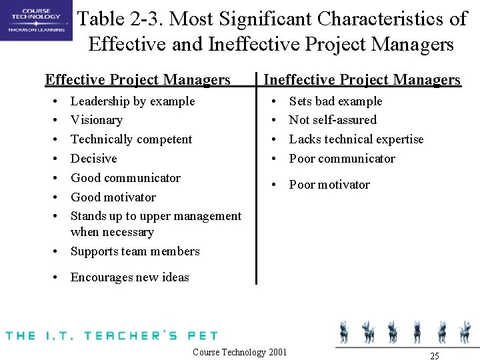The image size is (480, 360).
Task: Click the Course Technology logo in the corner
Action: coord(35,21)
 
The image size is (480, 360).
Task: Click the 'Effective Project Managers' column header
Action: coord(137,80)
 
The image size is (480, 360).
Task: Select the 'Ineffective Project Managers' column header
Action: coord(362,80)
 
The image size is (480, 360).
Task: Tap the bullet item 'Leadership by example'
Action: coord(133,101)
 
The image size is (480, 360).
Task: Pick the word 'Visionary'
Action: coord(97,120)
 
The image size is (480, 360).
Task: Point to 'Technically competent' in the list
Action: coord(131,139)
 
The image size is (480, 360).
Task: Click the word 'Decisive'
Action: coord(93,159)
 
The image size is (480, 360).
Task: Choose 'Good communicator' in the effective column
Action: coord(125,178)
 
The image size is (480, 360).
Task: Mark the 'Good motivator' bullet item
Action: coord(113,197)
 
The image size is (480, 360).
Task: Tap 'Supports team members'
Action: coord(135,251)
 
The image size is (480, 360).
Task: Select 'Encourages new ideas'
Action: coord(130,277)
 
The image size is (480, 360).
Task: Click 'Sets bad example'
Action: coord(335,101)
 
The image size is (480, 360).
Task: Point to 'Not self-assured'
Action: coord(333,120)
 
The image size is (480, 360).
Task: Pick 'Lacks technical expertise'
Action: coord(356,139)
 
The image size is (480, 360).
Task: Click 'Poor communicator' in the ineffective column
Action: coord(342,159)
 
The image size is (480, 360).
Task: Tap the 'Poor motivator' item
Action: coord(329,185)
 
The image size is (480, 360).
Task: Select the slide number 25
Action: coord(435,356)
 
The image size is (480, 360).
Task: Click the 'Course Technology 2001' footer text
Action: coord(239,352)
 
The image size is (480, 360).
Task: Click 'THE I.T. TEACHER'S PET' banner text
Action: coord(111,335)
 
